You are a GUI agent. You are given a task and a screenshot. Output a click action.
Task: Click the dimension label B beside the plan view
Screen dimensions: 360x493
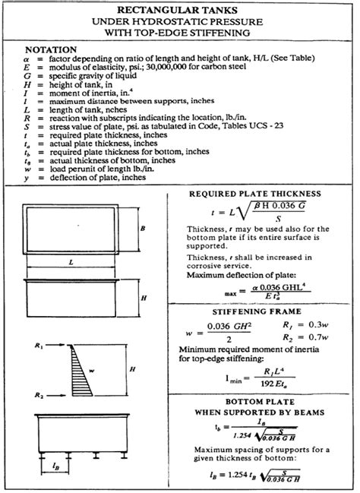click(x=144, y=227)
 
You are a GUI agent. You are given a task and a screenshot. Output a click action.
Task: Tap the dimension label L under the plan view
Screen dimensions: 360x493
click(x=70, y=262)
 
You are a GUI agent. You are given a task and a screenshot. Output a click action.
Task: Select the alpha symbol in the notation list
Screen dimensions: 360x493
click(x=27, y=58)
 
